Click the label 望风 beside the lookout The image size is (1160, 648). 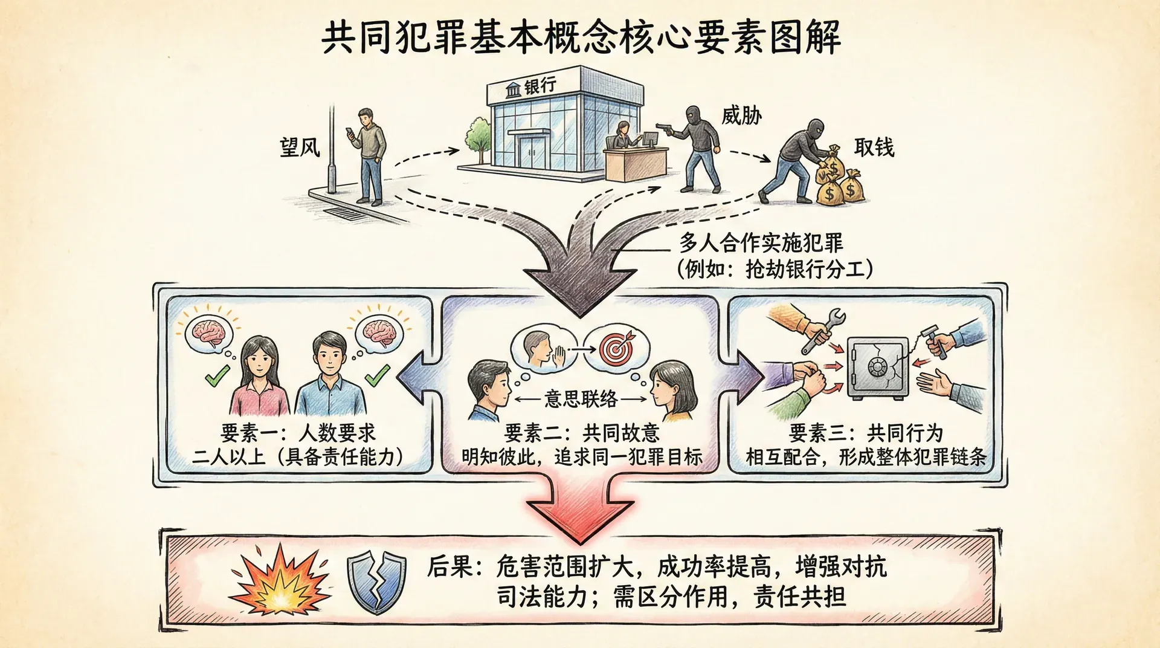click(300, 147)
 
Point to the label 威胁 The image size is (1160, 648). click(741, 115)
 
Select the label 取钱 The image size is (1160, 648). click(874, 147)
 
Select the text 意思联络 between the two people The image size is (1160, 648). click(581, 399)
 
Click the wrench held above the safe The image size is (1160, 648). click(823, 329)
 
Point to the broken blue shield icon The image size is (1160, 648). click(375, 582)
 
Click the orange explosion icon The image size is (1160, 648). click(280, 581)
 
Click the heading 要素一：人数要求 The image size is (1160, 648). click(298, 433)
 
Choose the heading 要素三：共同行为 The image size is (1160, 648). click(866, 433)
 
